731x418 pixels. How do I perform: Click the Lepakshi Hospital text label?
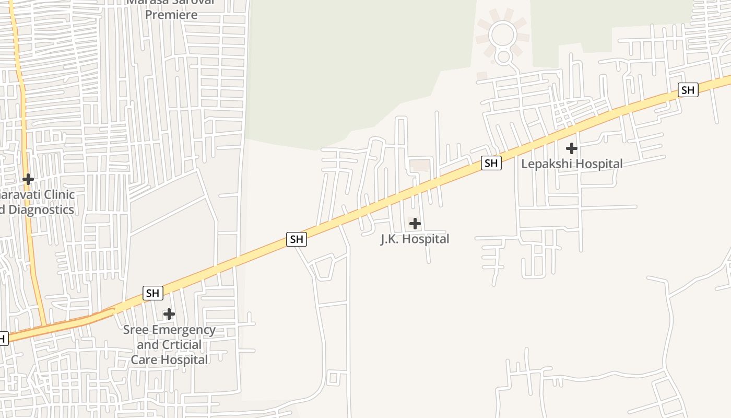[572, 164]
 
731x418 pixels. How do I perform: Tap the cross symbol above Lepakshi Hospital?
[572, 148]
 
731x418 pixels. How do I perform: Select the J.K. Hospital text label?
[415, 239]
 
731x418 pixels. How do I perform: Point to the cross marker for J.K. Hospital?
[415, 224]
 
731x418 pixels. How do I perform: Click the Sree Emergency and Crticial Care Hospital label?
[169, 345]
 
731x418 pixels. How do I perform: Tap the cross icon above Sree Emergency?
[169, 314]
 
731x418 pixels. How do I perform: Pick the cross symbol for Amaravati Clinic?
[28, 179]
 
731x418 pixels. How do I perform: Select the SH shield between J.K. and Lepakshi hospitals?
[491, 163]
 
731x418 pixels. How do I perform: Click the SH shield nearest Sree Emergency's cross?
[152, 293]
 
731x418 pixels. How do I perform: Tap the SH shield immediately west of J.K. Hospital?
[297, 239]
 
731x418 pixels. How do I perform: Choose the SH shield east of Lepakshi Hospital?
[688, 90]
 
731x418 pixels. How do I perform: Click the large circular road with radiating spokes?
[502, 35]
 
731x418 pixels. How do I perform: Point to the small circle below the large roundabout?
[503, 56]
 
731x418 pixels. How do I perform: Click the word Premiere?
[171, 15]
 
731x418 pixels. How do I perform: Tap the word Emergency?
[182, 330]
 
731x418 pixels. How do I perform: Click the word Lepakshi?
[545, 164]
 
